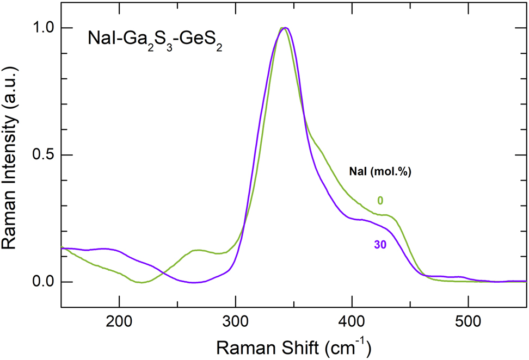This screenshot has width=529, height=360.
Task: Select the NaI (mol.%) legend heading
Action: [x=379, y=172]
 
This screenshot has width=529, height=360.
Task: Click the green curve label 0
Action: [x=380, y=201]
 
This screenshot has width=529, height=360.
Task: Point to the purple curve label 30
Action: [x=380, y=245]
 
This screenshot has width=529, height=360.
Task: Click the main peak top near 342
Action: [x=283, y=28]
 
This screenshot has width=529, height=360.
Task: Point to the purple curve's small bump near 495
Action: [x=462, y=277]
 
